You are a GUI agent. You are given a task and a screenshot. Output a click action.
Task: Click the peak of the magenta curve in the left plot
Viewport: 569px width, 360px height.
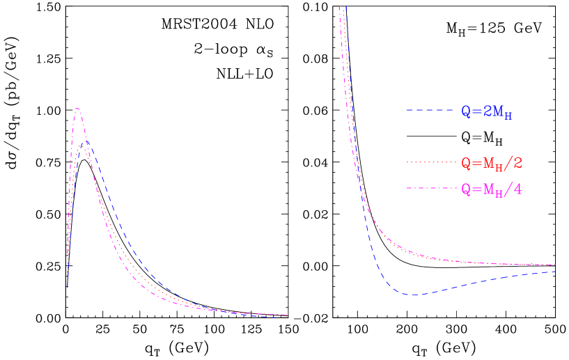pos(77,109)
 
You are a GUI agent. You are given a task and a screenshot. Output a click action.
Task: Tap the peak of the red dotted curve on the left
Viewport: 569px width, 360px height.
pos(83,148)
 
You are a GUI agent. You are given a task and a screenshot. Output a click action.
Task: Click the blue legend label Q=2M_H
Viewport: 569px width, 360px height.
pos(487,112)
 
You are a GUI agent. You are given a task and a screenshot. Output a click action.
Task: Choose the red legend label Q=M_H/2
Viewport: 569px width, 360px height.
pos(492,164)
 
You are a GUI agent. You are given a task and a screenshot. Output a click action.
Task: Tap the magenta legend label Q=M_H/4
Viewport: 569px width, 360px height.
pos(492,189)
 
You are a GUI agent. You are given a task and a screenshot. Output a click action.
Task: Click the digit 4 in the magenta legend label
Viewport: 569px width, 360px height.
pos(517,189)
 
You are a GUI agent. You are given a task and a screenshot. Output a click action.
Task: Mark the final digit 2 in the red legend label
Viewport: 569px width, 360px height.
pos(517,163)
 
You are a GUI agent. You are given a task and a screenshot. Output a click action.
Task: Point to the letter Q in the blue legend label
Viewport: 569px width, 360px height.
pos(466,111)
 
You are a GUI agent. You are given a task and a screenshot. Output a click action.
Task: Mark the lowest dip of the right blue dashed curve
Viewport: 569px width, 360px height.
pos(413,295)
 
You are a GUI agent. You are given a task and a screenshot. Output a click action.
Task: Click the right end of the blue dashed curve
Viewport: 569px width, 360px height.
pos(555,272)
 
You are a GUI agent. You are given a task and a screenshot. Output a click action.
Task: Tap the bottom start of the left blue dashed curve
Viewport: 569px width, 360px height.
pos(67,287)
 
